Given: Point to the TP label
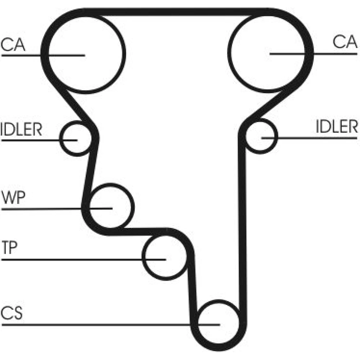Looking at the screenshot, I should coord(10,249).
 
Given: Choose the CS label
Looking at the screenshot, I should coord(12,314).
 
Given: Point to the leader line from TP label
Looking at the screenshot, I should coord(72,259).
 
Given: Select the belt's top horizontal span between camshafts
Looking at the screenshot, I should coord(176,12).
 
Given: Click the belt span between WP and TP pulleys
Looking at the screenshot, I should coord(140,231).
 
